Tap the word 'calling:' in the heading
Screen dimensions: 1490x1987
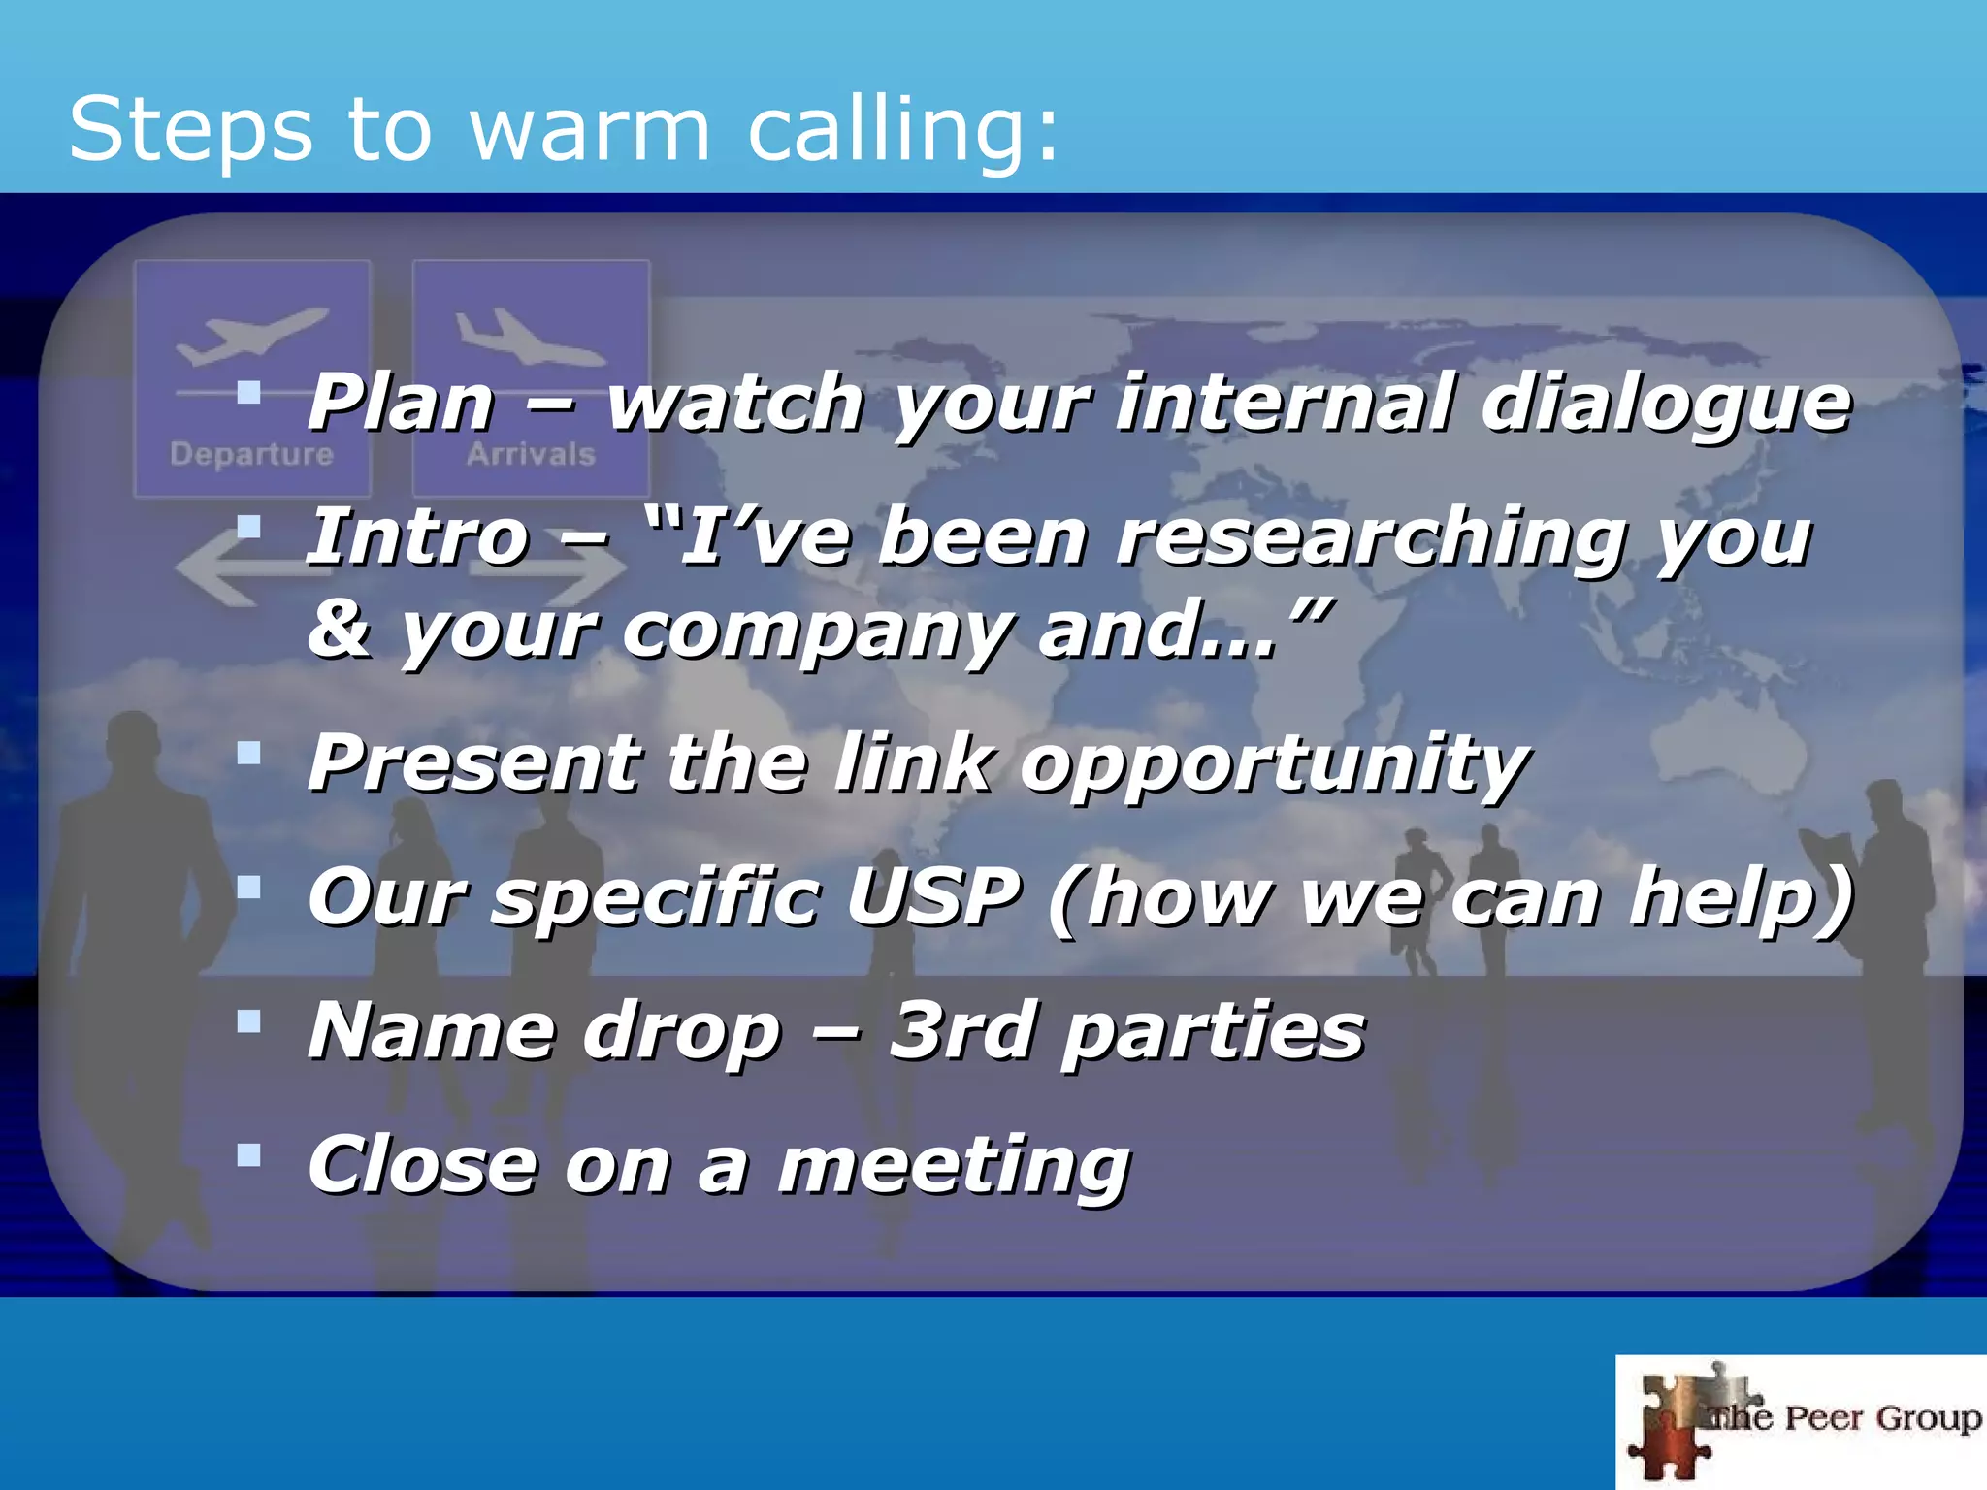click(x=902, y=130)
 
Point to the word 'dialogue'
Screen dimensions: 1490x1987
click(x=1666, y=403)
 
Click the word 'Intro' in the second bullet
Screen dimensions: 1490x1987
click(x=418, y=537)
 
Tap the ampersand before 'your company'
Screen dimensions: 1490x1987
click(x=339, y=629)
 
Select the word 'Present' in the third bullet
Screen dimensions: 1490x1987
click(x=474, y=762)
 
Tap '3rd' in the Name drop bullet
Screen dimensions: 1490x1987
click(x=961, y=1030)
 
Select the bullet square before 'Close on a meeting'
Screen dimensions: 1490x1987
click(x=249, y=1154)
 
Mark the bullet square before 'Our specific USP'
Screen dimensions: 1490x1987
click(x=249, y=887)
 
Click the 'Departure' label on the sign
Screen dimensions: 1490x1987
click(x=251, y=454)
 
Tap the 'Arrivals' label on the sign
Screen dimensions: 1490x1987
click(x=531, y=454)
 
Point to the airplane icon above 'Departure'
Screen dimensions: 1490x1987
click(x=252, y=335)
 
